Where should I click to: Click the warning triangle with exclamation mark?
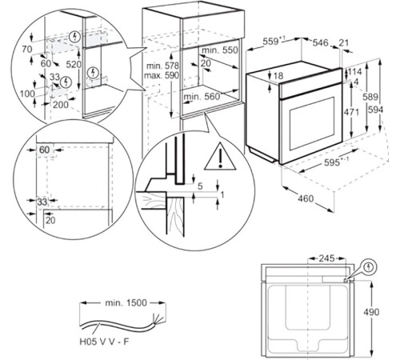coord(220,157)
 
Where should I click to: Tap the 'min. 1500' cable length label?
coord(126,303)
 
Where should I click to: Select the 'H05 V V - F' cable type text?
coord(104,342)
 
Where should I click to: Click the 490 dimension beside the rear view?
coord(371,312)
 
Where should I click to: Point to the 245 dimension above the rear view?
coord(326,258)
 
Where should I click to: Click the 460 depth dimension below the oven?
coord(306,198)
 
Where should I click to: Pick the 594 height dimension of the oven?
coord(375,110)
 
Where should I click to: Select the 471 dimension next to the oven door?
coord(351,112)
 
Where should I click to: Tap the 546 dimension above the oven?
coord(320,42)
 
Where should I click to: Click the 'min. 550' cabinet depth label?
coord(219,50)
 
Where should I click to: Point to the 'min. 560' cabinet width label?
coord(202,97)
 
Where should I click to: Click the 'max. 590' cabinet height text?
coord(162,75)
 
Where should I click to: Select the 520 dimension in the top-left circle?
coord(74,64)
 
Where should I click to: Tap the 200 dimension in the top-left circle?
coord(61,105)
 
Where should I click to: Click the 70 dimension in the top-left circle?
coord(27,49)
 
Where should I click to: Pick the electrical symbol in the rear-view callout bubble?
coord(370,266)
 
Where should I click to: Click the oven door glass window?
coord(312,123)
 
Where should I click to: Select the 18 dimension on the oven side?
coord(278,76)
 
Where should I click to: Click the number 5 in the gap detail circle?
coord(200,186)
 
